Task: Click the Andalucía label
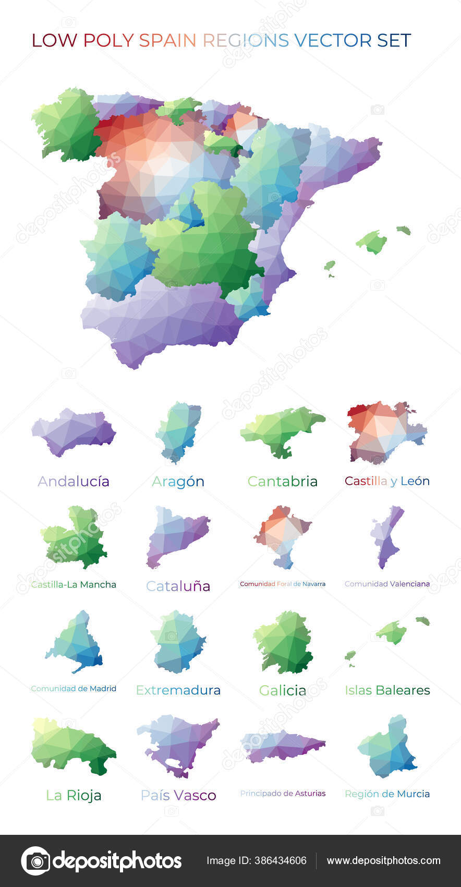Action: (x=74, y=481)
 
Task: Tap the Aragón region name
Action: (x=178, y=481)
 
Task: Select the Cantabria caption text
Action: (x=282, y=481)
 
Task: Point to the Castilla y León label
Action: (x=387, y=481)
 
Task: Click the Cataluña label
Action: (x=178, y=586)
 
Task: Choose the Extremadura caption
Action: (x=178, y=690)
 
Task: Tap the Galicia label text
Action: (x=282, y=690)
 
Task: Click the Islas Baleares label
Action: (x=387, y=690)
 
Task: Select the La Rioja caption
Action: (x=74, y=795)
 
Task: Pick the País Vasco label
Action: (x=178, y=795)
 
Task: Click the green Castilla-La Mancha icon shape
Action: (x=76, y=537)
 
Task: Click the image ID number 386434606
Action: (x=280, y=860)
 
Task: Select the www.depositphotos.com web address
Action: (x=383, y=860)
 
